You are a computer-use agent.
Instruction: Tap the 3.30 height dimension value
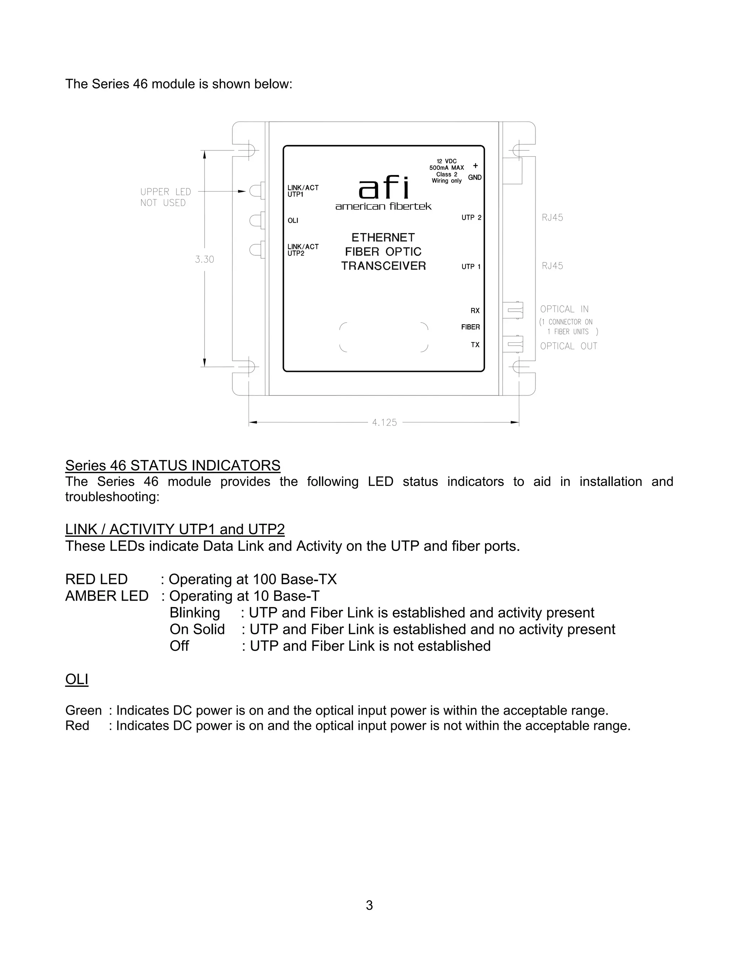coord(205,259)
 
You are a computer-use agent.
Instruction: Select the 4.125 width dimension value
coord(384,422)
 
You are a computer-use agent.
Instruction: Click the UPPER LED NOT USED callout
coord(166,197)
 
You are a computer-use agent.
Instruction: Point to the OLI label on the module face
coord(293,221)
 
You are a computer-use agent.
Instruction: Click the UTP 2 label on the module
coord(471,218)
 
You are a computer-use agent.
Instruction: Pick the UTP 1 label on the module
coord(471,267)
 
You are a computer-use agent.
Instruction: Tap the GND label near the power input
coord(475,177)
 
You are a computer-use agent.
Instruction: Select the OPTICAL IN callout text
coord(564,309)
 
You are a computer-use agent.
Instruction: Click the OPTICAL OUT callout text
coord(568,346)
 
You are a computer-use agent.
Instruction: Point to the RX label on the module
coord(475,311)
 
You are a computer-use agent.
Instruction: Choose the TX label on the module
coord(475,345)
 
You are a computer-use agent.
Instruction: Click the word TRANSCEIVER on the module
coord(384,266)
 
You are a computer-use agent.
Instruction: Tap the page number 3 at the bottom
coord(369,905)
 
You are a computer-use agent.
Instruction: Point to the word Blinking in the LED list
coord(195,613)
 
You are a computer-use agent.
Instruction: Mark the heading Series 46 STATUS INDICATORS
coord(173,465)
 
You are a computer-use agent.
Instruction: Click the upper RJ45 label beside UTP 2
coord(552,218)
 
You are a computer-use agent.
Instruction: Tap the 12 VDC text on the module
coord(447,161)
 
